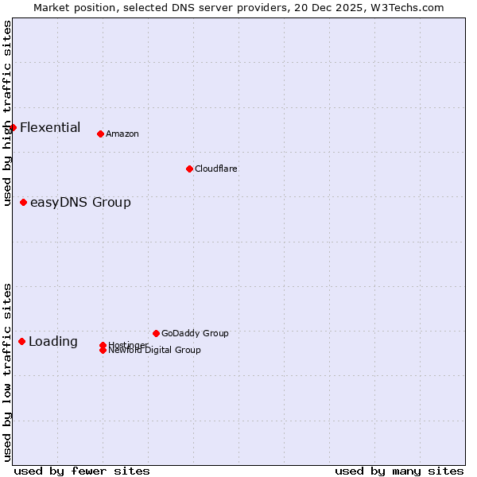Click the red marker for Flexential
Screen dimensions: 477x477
pyautogui.click(x=13, y=127)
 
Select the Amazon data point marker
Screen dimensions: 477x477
pyautogui.click(x=100, y=134)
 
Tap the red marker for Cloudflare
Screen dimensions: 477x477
pyautogui.click(x=189, y=169)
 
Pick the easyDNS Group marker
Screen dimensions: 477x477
pyautogui.click(x=23, y=202)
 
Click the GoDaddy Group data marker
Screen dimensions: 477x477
pyautogui.click(x=156, y=333)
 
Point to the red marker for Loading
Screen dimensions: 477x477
pyautogui.click(x=21, y=341)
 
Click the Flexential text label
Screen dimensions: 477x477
pyautogui.click(x=50, y=127)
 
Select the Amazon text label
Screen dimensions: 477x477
pyautogui.click(x=122, y=134)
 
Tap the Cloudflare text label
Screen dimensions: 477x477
pyautogui.click(x=216, y=169)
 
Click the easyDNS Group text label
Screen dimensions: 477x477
pyautogui.click(x=80, y=202)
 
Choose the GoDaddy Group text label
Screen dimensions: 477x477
pyautogui.click(x=195, y=333)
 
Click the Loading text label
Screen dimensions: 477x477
pyautogui.click(x=53, y=342)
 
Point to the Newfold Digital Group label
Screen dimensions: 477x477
pyautogui.click(x=155, y=351)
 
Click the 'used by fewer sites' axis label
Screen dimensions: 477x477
pyautogui.click(x=82, y=471)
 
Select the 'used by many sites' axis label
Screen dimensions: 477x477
pyautogui.click(x=399, y=471)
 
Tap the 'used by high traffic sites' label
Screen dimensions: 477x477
pyautogui.click(x=8, y=114)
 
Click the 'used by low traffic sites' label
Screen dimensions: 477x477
pyautogui.click(x=8, y=372)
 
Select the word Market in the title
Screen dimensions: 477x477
pyautogui.click(x=52, y=8)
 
